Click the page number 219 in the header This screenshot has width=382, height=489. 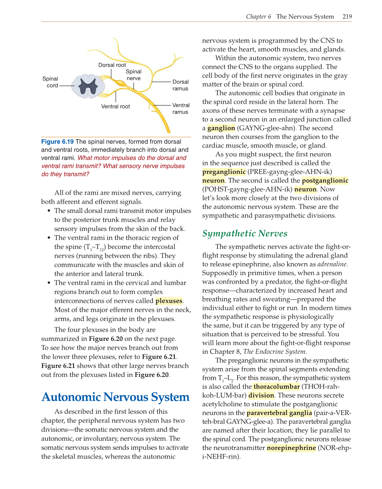click(347, 17)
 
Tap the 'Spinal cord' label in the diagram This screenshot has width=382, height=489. click(50, 82)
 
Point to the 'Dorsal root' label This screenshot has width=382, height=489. click(112, 65)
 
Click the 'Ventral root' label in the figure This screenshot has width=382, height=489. click(115, 106)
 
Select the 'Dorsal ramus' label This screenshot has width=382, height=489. click(180, 85)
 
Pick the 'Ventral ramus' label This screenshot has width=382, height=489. click(180, 108)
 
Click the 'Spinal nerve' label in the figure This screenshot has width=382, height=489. click(134, 75)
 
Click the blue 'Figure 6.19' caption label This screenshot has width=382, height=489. click(57, 142)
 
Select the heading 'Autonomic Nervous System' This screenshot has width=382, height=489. click(115, 397)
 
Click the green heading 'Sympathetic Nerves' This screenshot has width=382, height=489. click(245, 233)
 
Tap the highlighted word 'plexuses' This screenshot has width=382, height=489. click(169, 301)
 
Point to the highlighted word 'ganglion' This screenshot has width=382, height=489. click(221, 128)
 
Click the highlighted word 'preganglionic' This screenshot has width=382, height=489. click(224, 172)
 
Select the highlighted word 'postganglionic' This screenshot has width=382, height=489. click(325, 181)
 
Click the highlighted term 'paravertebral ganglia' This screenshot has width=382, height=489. click(279, 413)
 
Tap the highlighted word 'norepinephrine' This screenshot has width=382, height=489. click(291, 448)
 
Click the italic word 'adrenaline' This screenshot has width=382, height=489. click(332, 264)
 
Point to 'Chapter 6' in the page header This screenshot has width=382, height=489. click(258, 17)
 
